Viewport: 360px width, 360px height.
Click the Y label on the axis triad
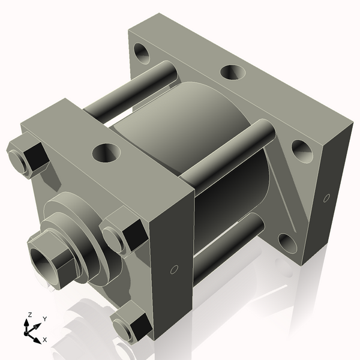click(x=44, y=319)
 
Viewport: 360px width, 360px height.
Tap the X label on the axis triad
click(x=45, y=340)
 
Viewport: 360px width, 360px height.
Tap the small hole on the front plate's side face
click(x=174, y=269)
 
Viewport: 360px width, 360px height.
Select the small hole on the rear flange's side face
click(x=326, y=197)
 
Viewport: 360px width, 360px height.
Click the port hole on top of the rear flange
click(x=232, y=73)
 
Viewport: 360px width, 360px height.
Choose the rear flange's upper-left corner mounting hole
click(x=142, y=53)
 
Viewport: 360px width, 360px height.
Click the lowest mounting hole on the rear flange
click(x=287, y=243)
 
